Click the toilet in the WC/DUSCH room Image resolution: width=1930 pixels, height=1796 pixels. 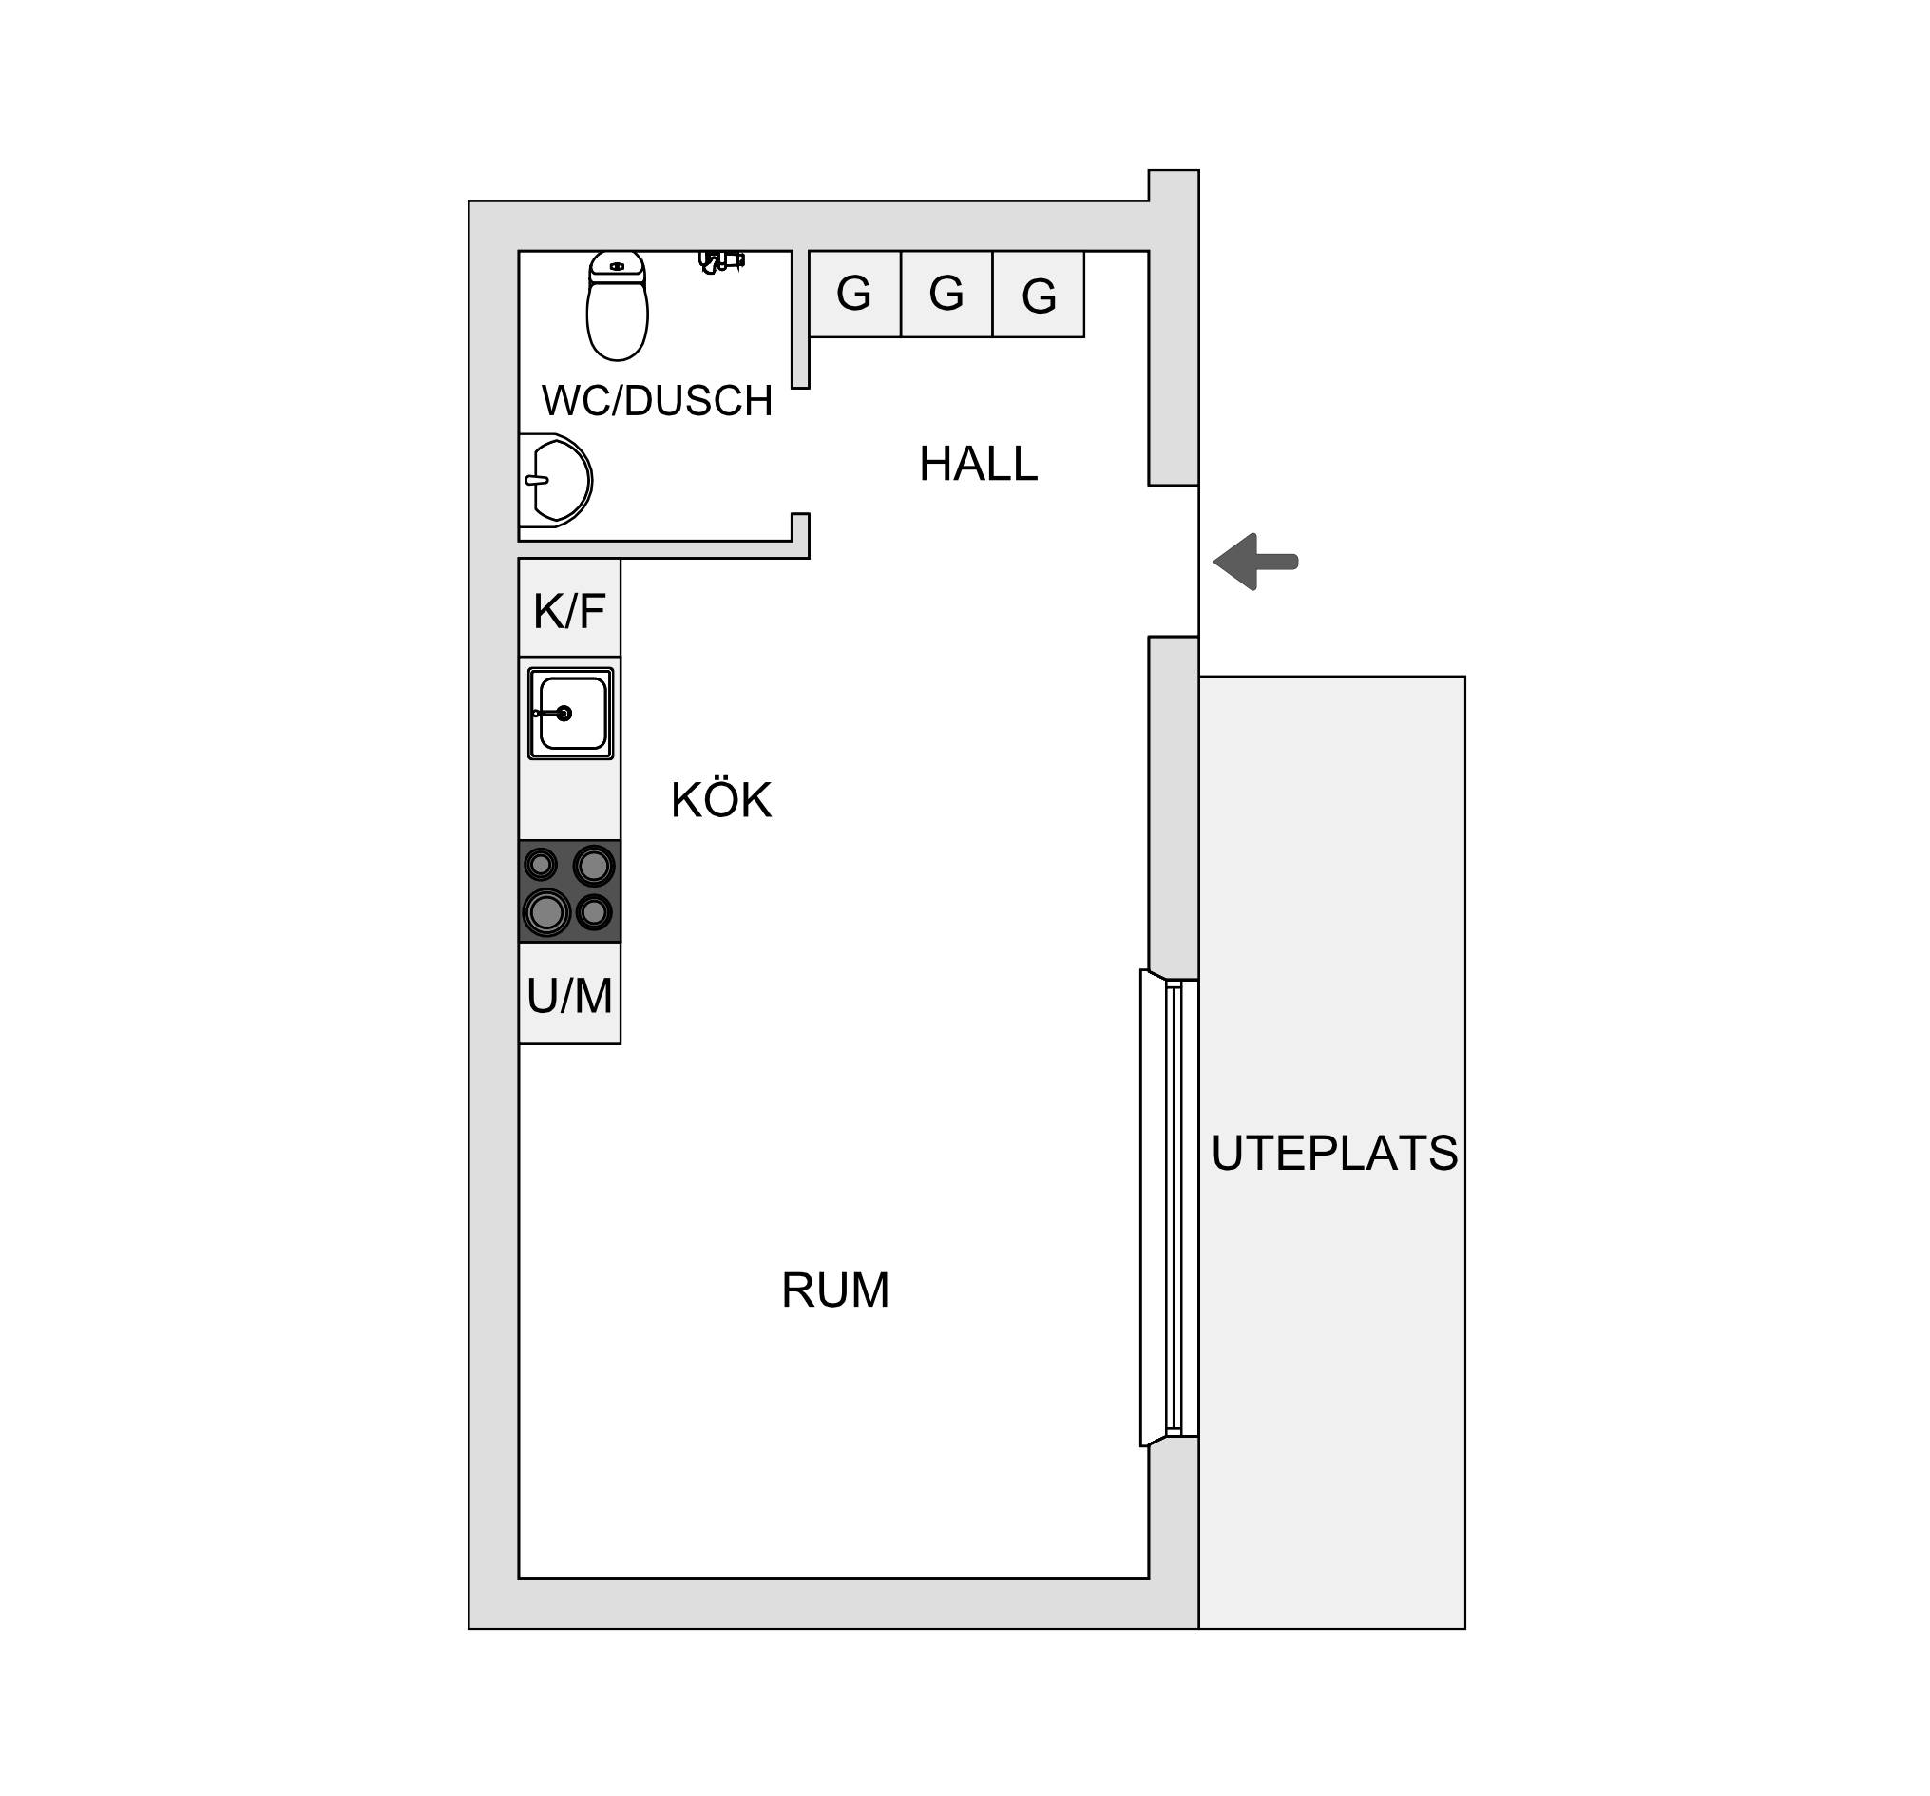[618, 306]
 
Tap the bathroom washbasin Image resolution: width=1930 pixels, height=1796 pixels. [555, 481]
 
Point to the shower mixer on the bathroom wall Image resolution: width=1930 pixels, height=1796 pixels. [721, 261]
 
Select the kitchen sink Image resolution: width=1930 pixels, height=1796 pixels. [571, 714]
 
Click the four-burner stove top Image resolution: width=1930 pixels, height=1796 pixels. [570, 891]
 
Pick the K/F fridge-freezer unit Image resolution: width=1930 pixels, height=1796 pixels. [570, 608]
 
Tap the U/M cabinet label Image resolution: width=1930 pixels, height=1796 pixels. [570, 996]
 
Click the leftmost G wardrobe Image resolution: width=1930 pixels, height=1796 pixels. [855, 295]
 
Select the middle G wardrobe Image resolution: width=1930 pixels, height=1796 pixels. [946, 295]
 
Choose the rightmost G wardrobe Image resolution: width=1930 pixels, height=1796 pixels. [1039, 295]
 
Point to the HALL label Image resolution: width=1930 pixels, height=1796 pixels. [979, 464]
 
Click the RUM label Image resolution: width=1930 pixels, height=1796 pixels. [835, 1291]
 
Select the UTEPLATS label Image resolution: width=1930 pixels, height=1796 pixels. [1334, 1155]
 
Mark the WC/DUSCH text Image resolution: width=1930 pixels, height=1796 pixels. [658, 401]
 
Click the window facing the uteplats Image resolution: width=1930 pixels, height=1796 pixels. [1170, 1208]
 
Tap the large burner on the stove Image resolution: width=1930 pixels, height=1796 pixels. [546, 912]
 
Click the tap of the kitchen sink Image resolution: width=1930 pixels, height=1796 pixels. [551, 714]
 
